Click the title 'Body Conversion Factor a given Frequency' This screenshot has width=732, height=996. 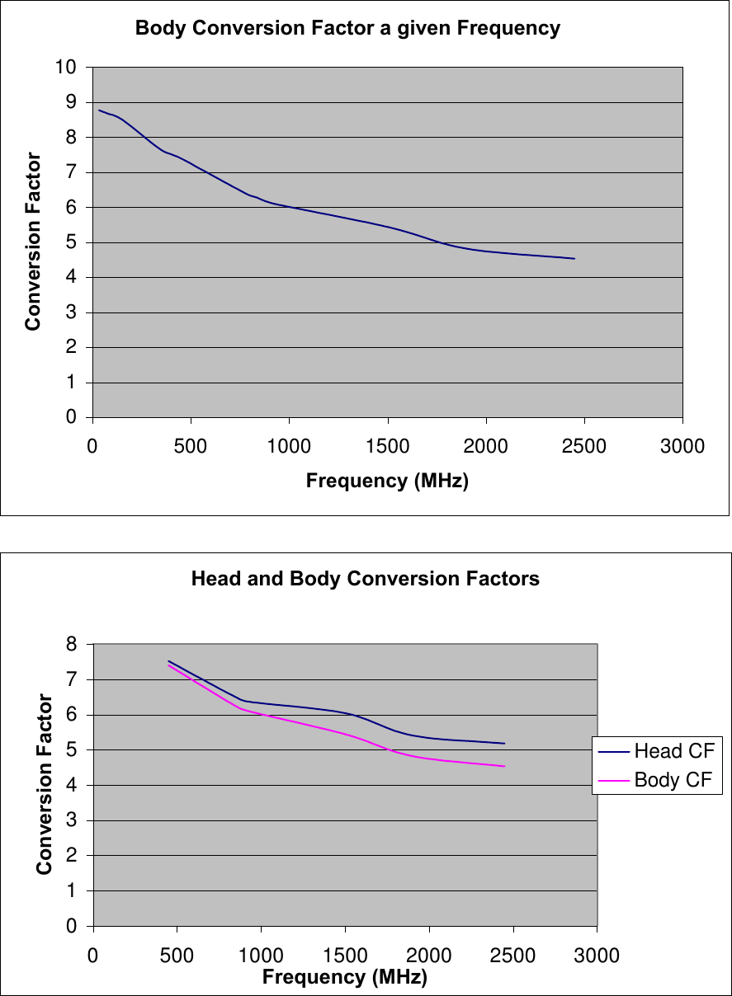[x=347, y=29]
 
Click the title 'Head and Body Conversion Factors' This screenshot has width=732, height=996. [x=365, y=579]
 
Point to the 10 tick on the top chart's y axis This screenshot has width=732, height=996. [x=66, y=68]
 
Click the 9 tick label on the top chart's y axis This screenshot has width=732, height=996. [x=71, y=102]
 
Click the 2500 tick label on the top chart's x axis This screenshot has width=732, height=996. [x=583, y=446]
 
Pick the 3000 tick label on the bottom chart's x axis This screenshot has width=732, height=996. [x=596, y=956]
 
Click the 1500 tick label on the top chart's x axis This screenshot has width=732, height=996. [x=387, y=446]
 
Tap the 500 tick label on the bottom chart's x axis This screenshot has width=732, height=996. [x=177, y=956]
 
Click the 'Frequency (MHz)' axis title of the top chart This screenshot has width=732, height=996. [x=387, y=481]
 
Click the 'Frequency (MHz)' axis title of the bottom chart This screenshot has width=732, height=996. [x=344, y=978]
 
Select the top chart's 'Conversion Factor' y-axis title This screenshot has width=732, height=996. [x=33, y=242]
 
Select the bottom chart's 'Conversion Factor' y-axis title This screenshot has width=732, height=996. [x=45, y=784]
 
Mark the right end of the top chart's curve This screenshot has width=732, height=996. [x=574, y=259]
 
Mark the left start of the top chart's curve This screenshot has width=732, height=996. [x=99, y=110]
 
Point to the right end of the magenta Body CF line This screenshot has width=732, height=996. [x=504, y=766]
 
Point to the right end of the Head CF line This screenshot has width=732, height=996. [x=504, y=744]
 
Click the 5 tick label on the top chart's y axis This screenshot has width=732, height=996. [x=71, y=242]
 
